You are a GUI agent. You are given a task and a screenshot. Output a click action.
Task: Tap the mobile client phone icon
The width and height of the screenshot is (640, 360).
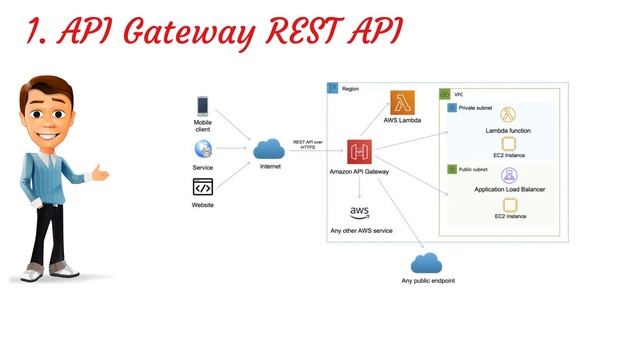[x=203, y=105]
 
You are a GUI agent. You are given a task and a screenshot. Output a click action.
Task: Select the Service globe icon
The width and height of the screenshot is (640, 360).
[x=203, y=149]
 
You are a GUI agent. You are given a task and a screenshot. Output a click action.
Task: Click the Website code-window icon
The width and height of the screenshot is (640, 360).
[x=203, y=188]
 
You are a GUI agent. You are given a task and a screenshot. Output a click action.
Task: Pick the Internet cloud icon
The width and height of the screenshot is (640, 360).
[x=270, y=150]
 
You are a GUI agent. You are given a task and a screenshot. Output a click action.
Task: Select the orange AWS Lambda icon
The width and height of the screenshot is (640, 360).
[x=404, y=102]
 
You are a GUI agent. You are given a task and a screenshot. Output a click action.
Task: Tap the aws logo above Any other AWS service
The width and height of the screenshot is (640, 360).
[x=360, y=213]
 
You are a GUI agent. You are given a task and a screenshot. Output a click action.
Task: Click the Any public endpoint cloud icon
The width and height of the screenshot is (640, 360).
[x=427, y=263]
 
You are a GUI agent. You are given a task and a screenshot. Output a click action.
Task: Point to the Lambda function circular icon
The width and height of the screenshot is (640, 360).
[x=509, y=115]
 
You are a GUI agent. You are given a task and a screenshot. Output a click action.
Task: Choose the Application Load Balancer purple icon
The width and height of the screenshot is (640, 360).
[x=509, y=175]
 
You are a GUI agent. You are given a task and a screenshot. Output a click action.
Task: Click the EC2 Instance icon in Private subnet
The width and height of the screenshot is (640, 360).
[x=509, y=143]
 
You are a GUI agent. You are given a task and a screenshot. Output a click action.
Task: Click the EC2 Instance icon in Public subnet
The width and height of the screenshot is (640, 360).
[x=509, y=203]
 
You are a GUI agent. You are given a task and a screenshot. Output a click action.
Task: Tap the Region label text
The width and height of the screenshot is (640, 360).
[x=350, y=89]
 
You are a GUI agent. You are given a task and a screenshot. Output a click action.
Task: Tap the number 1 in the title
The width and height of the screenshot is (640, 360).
[x=34, y=34]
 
